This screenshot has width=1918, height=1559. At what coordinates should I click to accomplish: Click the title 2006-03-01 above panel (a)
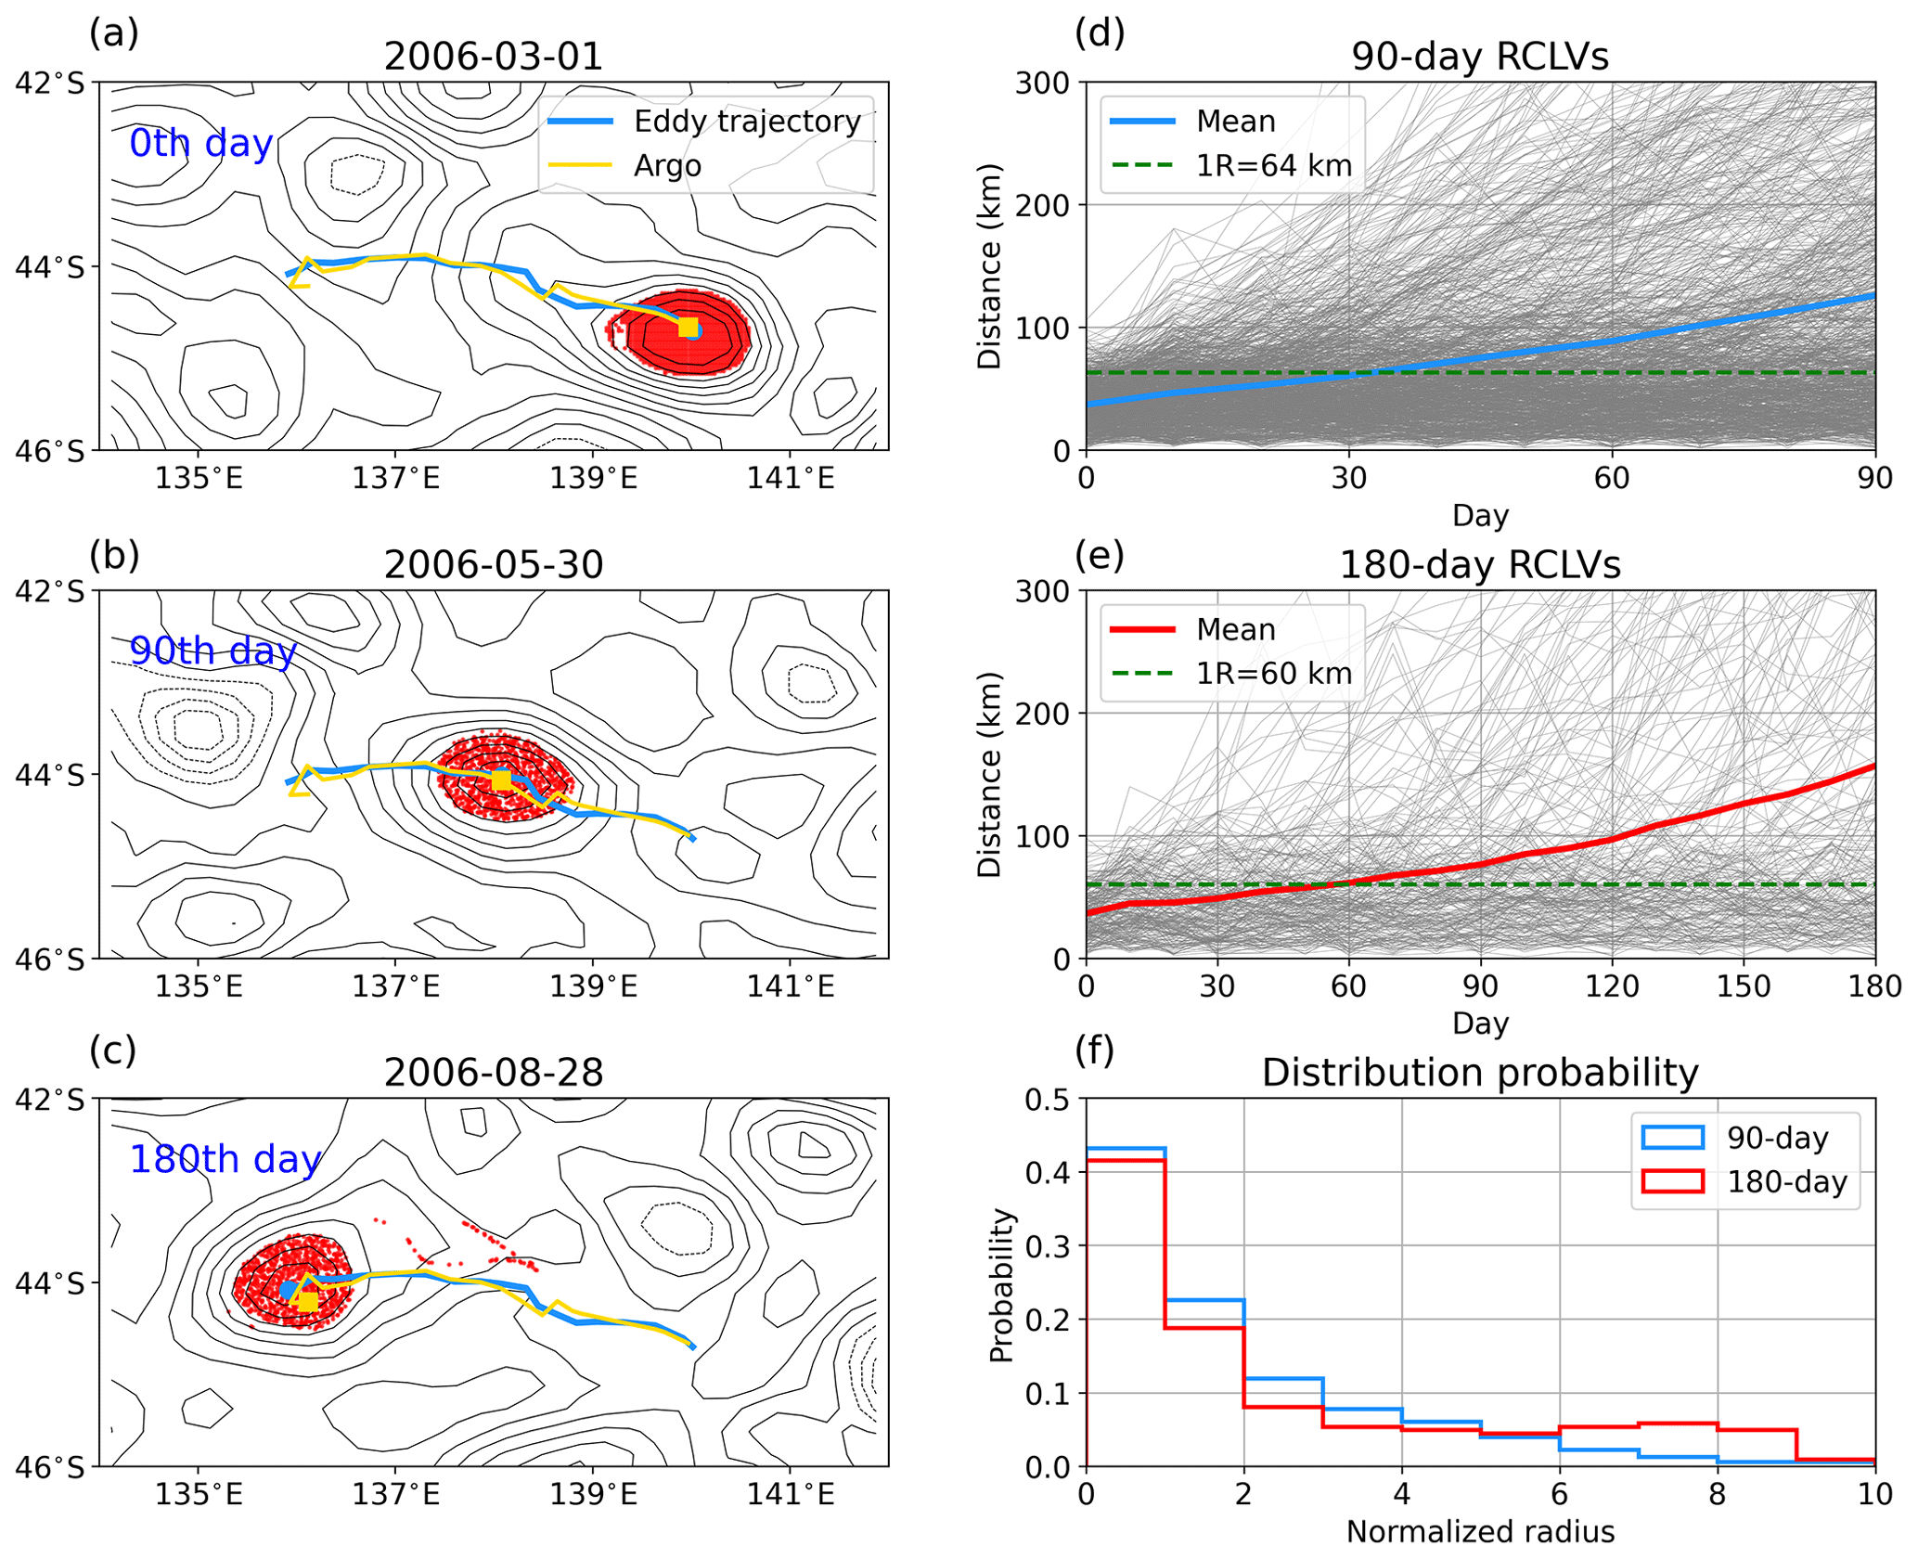tap(493, 57)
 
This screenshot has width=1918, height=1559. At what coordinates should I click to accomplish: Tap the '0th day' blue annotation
tap(200, 144)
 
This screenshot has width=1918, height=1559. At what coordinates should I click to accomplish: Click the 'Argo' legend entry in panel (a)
tap(667, 166)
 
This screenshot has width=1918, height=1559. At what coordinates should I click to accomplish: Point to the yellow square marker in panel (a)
tap(688, 328)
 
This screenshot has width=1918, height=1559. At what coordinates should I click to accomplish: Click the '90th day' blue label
tap(212, 651)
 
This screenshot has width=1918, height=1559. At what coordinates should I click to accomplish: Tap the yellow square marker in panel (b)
tap(501, 780)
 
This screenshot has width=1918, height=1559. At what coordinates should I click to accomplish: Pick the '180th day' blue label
tap(225, 1159)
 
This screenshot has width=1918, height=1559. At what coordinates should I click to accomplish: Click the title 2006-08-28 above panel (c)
tap(493, 1073)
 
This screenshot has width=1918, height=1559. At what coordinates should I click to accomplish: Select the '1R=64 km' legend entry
tap(1273, 166)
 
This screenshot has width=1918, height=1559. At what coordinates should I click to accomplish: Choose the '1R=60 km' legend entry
tap(1273, 674)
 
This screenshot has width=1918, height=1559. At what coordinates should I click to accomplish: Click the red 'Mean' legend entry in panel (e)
tap(1235, 630)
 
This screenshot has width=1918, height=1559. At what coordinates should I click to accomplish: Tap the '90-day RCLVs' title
tap(1479, 57)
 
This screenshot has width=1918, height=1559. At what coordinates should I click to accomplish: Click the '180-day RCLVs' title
tap(1479, 565)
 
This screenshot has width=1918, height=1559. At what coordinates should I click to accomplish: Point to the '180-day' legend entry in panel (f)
tap(1786, 1182)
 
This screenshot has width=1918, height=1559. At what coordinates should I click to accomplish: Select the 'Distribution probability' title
tap(1479, 1073)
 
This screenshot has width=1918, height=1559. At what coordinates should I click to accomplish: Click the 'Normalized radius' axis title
tap(1479, 1531)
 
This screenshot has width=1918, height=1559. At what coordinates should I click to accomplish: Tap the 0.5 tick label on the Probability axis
tap(1047, 1100)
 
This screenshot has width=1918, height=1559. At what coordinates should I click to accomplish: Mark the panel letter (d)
tap(1099, 33)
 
